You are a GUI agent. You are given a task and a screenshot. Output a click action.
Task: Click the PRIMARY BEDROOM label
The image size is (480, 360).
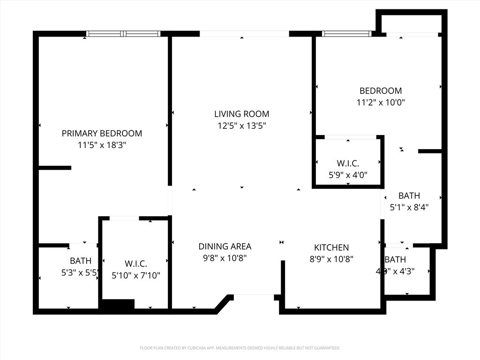click(102, 134)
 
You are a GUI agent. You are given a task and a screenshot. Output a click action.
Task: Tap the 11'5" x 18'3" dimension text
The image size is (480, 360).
click(102, 145)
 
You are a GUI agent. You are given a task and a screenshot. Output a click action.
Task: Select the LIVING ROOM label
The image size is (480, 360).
click(241, 114)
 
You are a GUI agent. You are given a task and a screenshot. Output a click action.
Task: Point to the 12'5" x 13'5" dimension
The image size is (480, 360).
click(241, 126)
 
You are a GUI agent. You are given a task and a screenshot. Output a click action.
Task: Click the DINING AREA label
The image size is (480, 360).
click(225, 247)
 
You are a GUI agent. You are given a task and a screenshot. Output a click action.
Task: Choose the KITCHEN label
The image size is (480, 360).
click(331, 247)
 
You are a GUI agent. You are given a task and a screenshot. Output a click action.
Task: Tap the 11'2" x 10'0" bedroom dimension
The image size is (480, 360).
click(380, 102)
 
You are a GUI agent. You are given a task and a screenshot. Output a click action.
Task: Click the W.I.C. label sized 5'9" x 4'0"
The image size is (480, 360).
click(348, 164)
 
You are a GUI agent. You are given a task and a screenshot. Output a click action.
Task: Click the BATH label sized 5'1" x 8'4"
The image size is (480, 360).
click(409, 196)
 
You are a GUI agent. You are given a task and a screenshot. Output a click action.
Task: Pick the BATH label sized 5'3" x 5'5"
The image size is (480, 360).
click(81, 261)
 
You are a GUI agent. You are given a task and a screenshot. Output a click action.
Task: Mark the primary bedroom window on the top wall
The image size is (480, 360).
click(124, 34)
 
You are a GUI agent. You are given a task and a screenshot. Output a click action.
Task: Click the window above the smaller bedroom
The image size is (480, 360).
click(347, 34)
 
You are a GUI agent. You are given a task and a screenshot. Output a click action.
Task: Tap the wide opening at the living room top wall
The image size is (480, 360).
click(244, 34)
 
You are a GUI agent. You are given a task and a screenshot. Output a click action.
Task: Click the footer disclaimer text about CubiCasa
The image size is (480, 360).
click(240, 348)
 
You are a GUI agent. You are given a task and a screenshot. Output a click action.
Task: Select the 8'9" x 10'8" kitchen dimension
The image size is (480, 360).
click(331, 259)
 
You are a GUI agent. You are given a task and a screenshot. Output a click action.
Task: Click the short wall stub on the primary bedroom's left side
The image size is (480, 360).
click(54, 168)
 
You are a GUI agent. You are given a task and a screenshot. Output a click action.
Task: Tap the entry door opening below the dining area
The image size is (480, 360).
click(254, 295)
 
